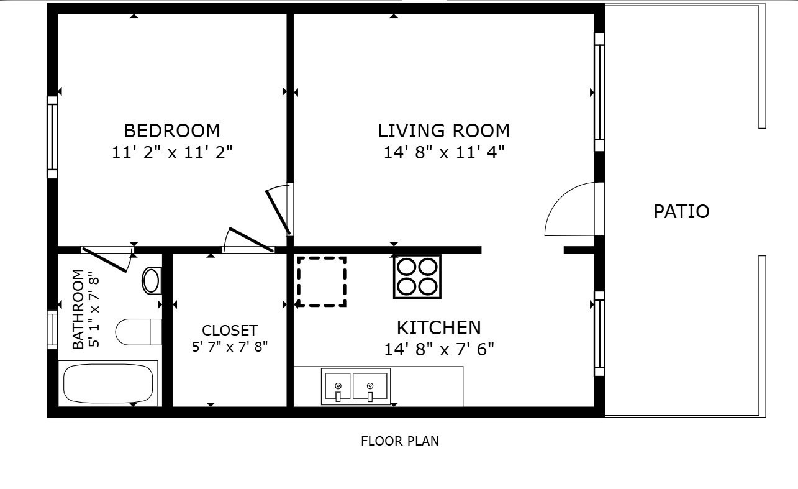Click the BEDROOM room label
coord(171,131)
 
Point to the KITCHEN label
coord(438,327)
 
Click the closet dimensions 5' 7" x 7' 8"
coord(229,347)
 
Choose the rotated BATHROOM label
coord(78,309)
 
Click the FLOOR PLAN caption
coord(399,441)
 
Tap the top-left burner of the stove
coord(407,267)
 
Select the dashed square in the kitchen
coord(322,281)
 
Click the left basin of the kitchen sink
coord(337,386)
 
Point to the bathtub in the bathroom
coord(108,383)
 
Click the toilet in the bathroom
coord(137,332)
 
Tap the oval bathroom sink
coord(151,280)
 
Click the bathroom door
coord(106,259)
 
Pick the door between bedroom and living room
coord(278,210)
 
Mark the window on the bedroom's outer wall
coord(52,137)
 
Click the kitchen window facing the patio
coord(599,334)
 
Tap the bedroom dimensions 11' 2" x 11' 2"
coord(171,153)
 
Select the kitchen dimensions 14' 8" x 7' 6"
coord(438,349)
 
